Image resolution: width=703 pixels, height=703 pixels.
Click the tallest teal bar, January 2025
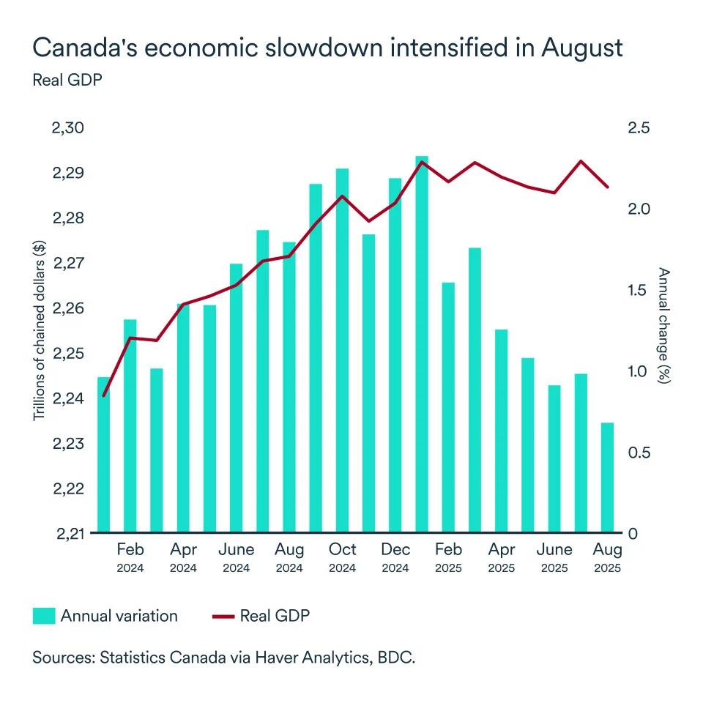(422, 344)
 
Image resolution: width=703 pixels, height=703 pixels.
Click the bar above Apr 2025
(501, 431)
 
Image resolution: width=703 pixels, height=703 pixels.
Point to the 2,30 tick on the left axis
(69, 128)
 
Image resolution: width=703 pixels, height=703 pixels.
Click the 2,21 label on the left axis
(69, 533)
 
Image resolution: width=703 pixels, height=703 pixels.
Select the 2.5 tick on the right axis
(639, 128)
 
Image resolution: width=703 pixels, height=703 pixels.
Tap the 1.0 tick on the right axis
(639, 371)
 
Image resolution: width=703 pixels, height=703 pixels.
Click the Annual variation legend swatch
(43, 616)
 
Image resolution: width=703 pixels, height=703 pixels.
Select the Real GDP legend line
(223, 616)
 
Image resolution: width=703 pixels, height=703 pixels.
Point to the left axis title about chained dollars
(40, 331)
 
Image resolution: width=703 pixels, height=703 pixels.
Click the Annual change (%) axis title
(663, 327)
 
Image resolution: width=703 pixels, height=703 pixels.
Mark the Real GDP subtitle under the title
(67, 80)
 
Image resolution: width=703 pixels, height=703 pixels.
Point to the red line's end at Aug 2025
(607, 187)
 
